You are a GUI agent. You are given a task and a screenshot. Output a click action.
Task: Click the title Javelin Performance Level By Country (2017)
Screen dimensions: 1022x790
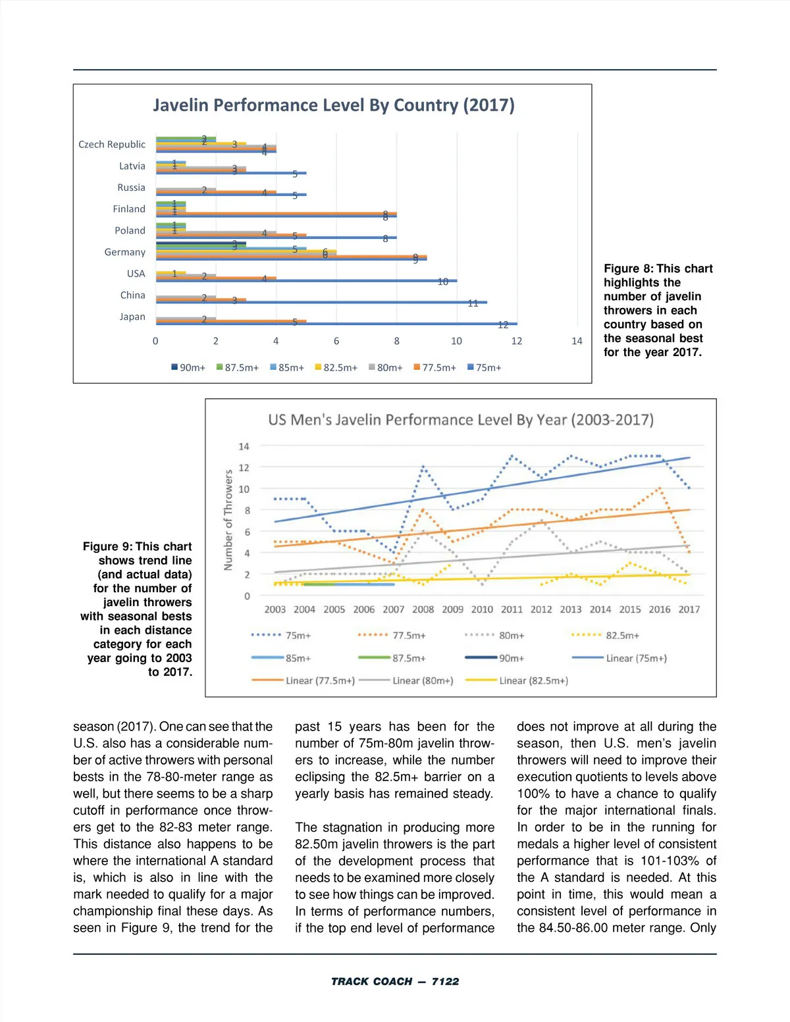pos(334,105)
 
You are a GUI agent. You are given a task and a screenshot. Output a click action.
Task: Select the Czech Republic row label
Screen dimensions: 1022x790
pos(112,144)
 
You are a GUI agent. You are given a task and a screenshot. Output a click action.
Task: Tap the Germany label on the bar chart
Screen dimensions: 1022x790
pos(124,252)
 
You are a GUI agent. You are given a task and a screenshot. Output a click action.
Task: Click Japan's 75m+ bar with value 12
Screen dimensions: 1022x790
pos(336,324)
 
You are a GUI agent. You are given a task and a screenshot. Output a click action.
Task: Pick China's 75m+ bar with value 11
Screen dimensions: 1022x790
pos(321,302)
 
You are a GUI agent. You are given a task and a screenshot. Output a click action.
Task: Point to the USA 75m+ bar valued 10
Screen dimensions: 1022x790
pos(306,280)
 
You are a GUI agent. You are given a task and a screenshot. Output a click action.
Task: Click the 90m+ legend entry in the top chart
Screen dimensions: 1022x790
pos(188,367)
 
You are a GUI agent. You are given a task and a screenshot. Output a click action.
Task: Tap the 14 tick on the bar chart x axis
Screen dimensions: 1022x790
pos(577,341)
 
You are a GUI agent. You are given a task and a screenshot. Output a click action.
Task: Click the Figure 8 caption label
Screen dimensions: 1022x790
pos(628,268)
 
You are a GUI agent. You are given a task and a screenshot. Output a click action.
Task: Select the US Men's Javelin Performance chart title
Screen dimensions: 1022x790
pos(461,420)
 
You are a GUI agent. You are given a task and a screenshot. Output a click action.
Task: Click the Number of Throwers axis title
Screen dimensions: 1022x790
pos(228,520)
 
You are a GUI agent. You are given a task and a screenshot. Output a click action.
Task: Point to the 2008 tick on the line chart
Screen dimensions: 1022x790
pos(423,609)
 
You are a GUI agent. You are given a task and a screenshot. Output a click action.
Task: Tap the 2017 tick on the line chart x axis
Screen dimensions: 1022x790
pos(689,609)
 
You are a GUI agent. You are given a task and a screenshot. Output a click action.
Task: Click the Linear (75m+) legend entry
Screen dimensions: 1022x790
pos(619,658)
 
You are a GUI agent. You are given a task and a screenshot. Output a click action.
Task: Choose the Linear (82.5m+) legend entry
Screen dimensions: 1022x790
pos(517,680)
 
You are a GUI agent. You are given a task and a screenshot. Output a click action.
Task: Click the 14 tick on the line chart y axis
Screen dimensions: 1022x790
pos(244,446)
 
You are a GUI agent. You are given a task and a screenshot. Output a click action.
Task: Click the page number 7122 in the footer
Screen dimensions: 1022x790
pos(445,981)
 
